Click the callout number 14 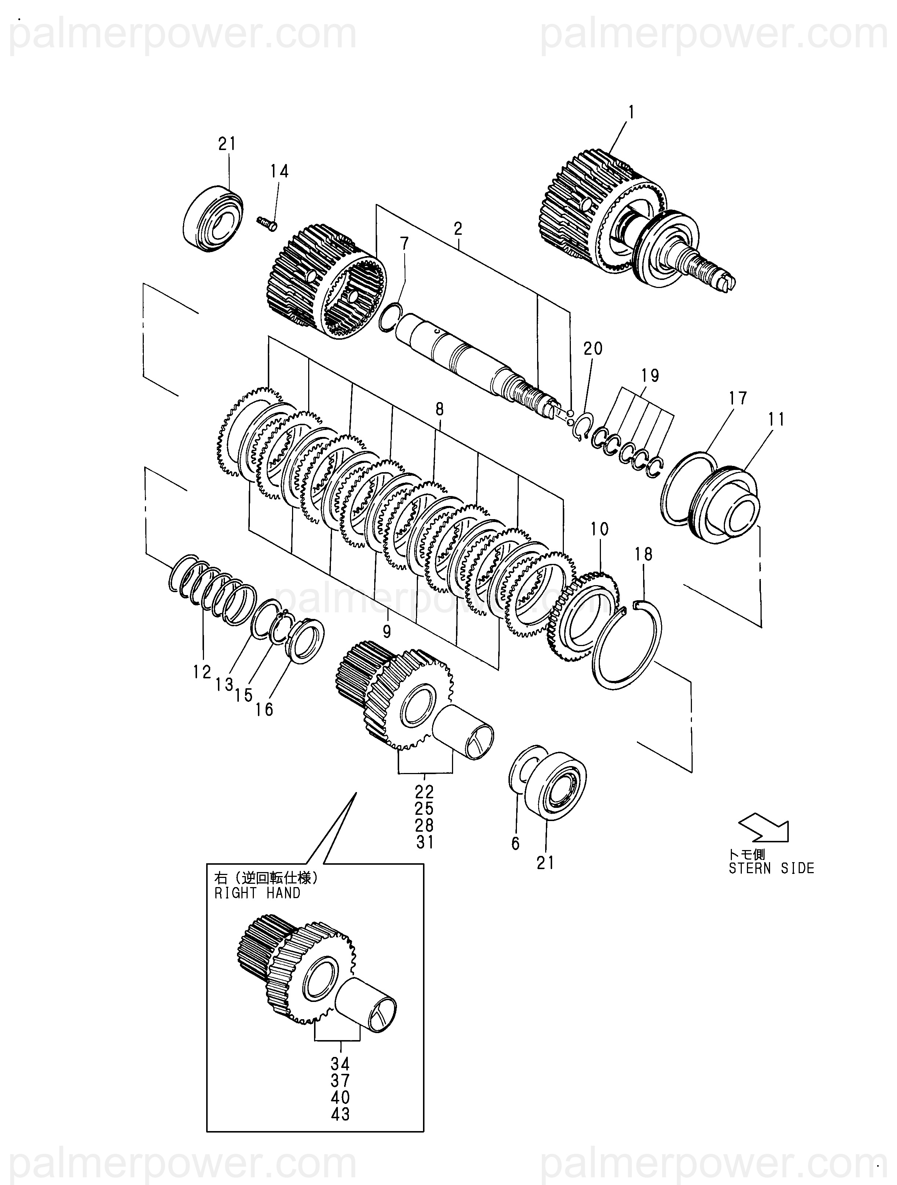tap(279, 171)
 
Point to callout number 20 tap(592, 349)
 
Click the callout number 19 tap(650, 376)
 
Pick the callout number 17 tap(737, 398)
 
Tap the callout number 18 tap(643, 554)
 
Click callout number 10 tap(599, 529)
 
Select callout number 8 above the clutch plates tap(440, 410)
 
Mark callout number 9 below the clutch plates tap(386, 632)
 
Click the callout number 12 tap(203, 672)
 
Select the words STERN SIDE tap(771, 868)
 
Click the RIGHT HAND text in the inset tap(257, 893)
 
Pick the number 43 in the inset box tap(340, 1114)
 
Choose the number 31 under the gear tap(424, 842)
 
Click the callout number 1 tap(631, 112)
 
